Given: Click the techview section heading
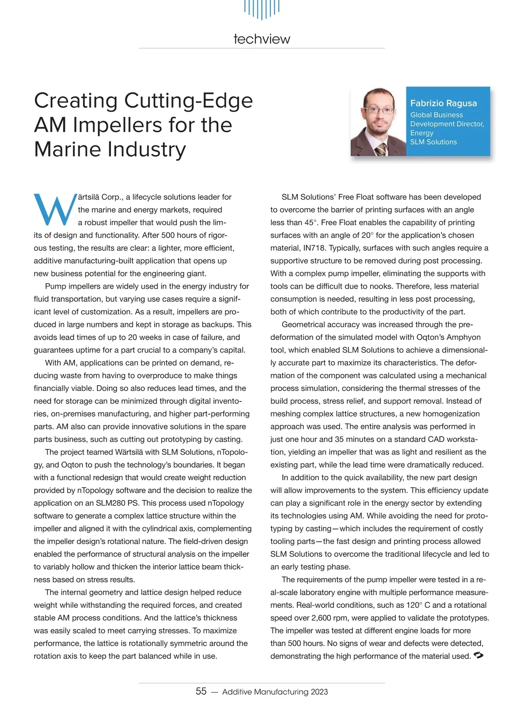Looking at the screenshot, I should pos(262,39).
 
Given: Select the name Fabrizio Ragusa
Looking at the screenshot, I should pos(443,103).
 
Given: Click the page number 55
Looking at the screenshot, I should pos(201,691).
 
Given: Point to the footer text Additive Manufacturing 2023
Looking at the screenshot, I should pos(275,692).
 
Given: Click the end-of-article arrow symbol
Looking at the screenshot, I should pos(478,655).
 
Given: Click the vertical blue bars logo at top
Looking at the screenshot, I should pos(262,9).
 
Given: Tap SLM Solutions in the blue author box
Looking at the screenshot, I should pos(433,142).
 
